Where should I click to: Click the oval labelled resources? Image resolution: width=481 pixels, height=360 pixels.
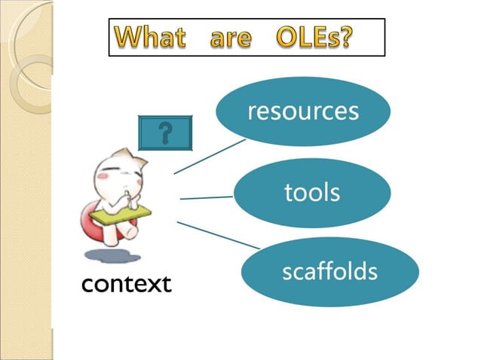click(x=303, y=111)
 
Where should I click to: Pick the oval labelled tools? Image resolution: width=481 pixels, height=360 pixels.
click(x=312, y=193)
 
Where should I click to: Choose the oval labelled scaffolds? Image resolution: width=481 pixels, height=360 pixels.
click(x=329, y=271)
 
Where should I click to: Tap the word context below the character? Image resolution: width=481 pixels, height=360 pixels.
click(x=126, y=284)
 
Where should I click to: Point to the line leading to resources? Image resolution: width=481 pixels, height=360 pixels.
click(x=210, y=156)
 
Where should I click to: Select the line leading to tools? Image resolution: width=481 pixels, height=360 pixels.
click(x=207, y=198)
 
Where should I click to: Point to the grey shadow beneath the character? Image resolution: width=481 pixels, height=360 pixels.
click(x=113, y=256)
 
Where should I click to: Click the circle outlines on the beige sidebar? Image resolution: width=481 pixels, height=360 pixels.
click(x=30, y=72)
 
